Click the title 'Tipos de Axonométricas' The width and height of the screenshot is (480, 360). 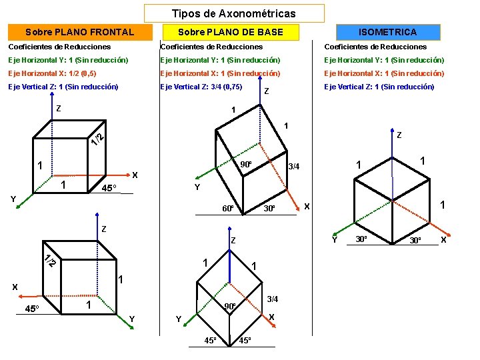[x=233, y=13]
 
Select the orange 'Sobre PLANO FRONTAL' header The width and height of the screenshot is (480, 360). [x=79, y=32]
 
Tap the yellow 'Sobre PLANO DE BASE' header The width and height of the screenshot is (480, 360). [x=231, y=32]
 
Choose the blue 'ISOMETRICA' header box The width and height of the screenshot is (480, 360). [x=388, y=32]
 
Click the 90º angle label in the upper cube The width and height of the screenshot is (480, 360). [x=245, y=165]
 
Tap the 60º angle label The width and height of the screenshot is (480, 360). [x=227, y=209]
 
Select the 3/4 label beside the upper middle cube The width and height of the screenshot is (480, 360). [x=293, y=167]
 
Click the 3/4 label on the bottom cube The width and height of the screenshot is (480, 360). [x=272, y=300]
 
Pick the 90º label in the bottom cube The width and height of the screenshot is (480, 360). [x=230, y=307]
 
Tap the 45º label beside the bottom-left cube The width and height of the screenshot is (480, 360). [x=32, y=308]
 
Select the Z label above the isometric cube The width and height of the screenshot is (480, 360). [x=399, y=135]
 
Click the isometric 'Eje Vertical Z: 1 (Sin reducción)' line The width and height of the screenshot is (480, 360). [x=379, y=87]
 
